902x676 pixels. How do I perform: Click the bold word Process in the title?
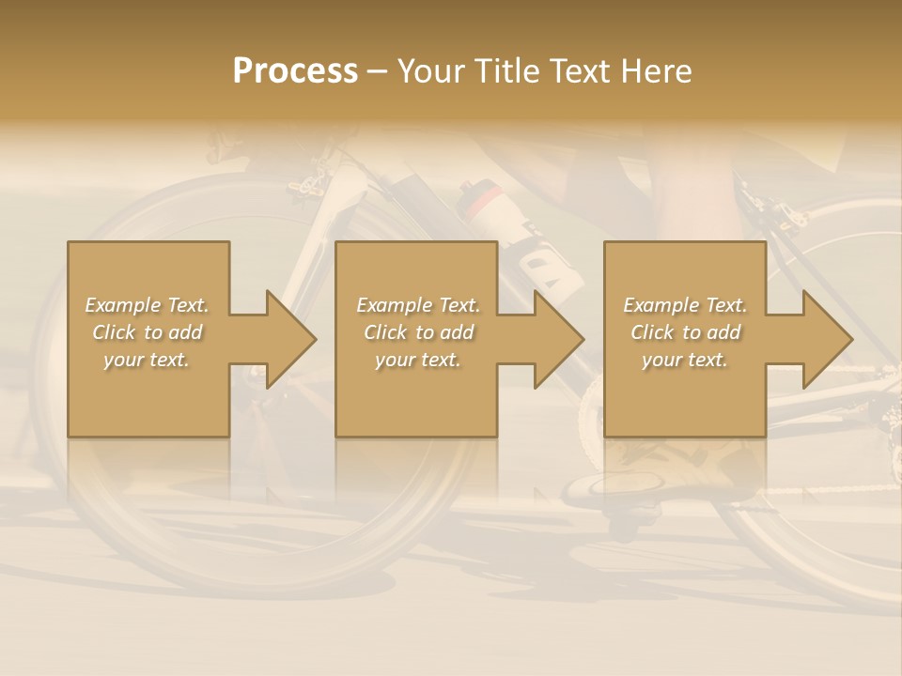295,71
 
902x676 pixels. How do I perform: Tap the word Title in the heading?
505,71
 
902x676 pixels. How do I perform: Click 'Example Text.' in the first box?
147,305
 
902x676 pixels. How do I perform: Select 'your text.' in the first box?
147,360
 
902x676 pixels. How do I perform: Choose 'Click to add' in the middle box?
418,332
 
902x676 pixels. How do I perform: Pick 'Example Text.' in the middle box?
418,305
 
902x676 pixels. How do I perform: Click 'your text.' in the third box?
685,360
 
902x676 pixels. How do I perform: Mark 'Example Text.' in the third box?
685,305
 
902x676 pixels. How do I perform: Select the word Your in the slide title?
430,71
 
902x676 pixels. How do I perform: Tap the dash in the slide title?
378,71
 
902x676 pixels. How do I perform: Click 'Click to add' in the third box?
685,332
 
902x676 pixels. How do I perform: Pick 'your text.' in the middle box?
418,360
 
